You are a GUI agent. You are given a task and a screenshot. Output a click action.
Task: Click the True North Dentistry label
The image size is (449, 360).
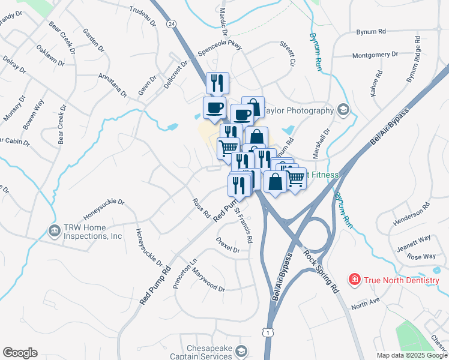click(402, 280)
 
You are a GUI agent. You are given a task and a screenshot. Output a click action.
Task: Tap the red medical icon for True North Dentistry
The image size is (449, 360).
click(355, 280)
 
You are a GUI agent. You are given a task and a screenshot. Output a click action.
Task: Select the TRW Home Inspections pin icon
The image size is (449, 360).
click(54, 230)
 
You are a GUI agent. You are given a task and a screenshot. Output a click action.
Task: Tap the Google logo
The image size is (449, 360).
click(20, 353)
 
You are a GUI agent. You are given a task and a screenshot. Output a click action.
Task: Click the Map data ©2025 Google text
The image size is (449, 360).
click(412, 355)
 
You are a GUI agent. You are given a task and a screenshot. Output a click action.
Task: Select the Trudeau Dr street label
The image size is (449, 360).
click(143, 17)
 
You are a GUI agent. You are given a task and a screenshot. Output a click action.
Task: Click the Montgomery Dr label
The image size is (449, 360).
click(375, 55)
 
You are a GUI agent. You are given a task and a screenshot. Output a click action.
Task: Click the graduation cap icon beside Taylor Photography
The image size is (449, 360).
click(343, 110)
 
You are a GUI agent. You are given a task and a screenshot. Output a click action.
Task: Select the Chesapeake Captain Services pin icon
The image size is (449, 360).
click(241, 351)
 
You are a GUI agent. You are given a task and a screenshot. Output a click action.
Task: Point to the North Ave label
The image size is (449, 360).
click(366, 304)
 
